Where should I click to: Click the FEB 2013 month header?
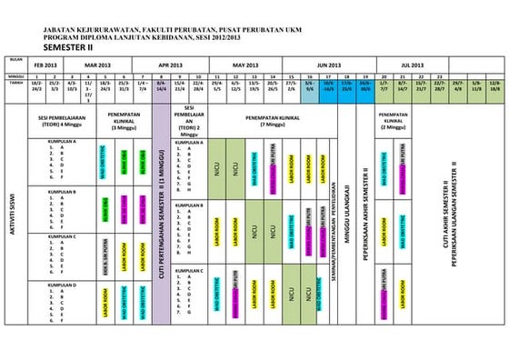tap(45, 66)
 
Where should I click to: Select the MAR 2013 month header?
tap(97, 66)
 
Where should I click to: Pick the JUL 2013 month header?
tap(412, 66)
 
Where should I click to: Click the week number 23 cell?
tap(439, 76)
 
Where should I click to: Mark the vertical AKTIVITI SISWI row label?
tap(11, 214)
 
